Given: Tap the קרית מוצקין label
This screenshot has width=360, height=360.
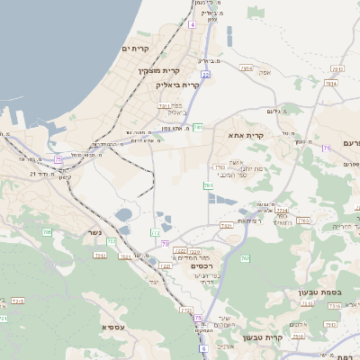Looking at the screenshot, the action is coord(159,70).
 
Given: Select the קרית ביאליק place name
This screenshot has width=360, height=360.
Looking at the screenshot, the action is coord(177,84).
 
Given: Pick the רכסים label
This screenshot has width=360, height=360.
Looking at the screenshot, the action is coord(201,265).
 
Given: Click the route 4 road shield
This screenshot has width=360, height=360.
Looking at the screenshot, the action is coord(192,24).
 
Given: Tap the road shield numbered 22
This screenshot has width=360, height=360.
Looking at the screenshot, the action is coord(205,75).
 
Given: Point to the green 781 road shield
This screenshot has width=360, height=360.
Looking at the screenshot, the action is coord(197,127).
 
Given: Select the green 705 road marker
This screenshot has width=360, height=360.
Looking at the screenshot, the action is coord(47,232).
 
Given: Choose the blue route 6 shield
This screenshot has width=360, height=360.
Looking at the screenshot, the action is coord(203,347).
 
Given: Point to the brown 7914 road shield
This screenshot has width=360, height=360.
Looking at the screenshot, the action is coord(247,67).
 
